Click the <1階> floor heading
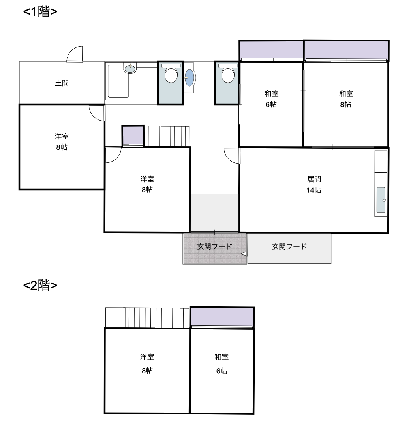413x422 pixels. tap(40, 12)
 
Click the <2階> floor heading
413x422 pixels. tap(40, 285)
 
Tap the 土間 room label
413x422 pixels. tap(62, 83)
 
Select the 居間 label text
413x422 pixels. tap(314, 179)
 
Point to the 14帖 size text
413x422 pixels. tap(314, 190)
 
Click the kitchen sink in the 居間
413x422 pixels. tap(381, 200)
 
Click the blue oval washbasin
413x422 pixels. tap(189, 77)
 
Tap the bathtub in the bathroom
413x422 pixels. tap(118, 81)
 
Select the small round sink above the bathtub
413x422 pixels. tap(130, 68)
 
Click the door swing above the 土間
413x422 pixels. tap(75, 54)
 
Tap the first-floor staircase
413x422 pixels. tap(167, 136)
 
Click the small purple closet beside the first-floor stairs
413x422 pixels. tap(133, 136)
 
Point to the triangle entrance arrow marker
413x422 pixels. tap(244, 254)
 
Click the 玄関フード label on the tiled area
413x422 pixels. tap(214, 247)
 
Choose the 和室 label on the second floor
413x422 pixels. tap(222, 357)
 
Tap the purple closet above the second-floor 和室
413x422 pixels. tap(222, 317)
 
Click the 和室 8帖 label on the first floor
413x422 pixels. tap(346, 99)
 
